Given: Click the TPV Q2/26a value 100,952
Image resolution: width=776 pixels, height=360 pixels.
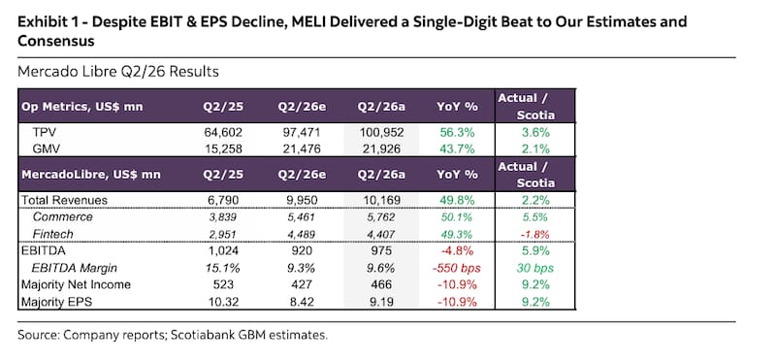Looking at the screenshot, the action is [381, 133].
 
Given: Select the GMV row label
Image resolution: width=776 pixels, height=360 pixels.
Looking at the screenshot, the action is [46, 148].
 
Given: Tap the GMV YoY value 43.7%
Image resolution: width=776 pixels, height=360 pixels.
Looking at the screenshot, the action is [457, 148].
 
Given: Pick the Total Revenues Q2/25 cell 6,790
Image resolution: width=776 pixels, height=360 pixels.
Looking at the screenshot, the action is [222, 201].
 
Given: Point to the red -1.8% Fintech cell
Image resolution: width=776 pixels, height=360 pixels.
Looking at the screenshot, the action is [535, 234].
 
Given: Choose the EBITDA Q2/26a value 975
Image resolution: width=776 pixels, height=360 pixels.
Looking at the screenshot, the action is [381, 251].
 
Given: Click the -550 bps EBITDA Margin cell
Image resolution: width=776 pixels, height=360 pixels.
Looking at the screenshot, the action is [457, 268].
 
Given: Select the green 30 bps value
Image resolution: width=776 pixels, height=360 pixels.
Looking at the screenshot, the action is [535, 268].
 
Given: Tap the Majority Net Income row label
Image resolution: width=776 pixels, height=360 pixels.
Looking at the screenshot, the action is [76, 284].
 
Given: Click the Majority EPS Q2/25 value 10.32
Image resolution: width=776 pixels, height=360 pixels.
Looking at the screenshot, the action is [222, 302].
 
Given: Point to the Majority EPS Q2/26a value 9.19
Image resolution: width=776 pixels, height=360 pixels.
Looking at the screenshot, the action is [381, 302].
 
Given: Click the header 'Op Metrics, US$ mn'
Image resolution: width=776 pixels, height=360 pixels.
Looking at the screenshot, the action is [82, 107].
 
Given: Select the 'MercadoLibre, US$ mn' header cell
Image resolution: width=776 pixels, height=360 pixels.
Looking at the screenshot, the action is [91, 175].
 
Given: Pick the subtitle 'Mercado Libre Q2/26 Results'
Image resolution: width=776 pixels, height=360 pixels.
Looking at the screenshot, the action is [117, 72].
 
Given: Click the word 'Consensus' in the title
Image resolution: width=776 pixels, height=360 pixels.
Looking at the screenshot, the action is [56, 41].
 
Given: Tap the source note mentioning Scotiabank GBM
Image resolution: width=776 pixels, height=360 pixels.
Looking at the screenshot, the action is [173, 335].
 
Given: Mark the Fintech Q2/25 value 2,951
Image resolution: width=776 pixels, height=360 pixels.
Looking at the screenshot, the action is [222, 234].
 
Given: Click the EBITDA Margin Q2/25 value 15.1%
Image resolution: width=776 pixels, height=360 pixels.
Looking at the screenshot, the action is [222, 268].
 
